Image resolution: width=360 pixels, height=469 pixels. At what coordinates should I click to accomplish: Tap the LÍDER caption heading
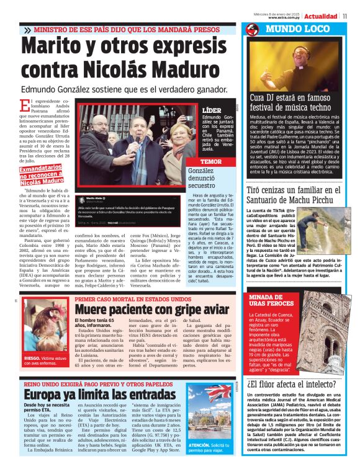(212, 109)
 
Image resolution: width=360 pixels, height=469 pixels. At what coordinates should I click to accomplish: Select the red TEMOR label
(212, 161)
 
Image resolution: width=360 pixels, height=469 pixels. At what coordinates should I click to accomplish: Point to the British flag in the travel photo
(220, 391)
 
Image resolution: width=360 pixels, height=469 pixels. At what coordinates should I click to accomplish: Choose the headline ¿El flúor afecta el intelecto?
(291, 385)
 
